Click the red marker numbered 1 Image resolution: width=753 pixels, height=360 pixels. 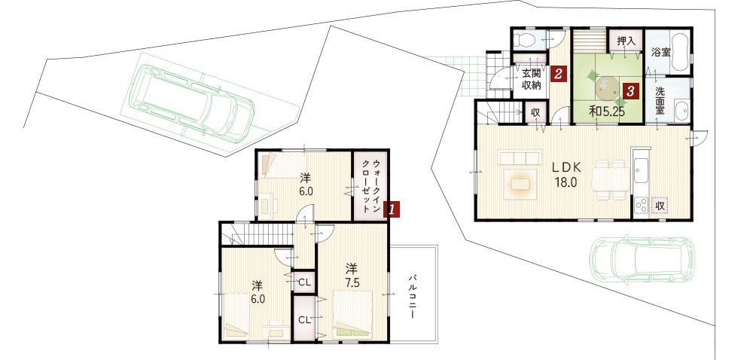392,209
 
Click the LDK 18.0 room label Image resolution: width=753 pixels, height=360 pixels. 566,175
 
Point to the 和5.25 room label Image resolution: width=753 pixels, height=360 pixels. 606,111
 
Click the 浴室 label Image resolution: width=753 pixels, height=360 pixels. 661,52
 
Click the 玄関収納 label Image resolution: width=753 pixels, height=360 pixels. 532,79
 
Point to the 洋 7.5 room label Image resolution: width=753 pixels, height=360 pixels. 352,275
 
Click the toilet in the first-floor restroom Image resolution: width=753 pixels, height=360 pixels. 524,41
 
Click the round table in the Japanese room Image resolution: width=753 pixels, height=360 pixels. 606,87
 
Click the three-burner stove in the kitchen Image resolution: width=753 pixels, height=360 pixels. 641,205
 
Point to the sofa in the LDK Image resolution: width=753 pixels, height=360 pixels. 520,157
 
